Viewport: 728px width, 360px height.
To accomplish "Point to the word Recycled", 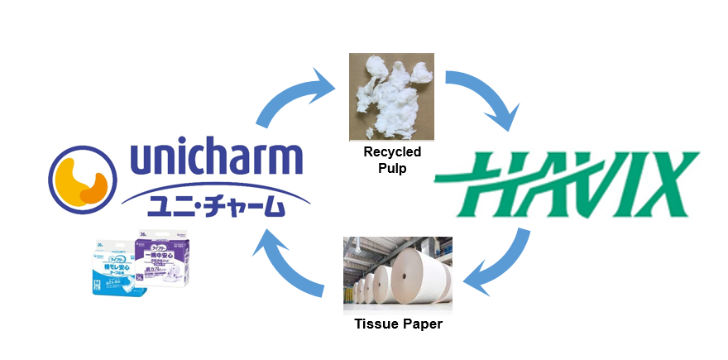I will click(x=393, y=152).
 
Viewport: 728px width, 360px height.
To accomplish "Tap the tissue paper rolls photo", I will click(x=397, y=272).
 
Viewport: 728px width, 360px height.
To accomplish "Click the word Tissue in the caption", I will click(x=374, y=324).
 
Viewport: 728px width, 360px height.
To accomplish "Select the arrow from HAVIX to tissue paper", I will click(x=496, y=265).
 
